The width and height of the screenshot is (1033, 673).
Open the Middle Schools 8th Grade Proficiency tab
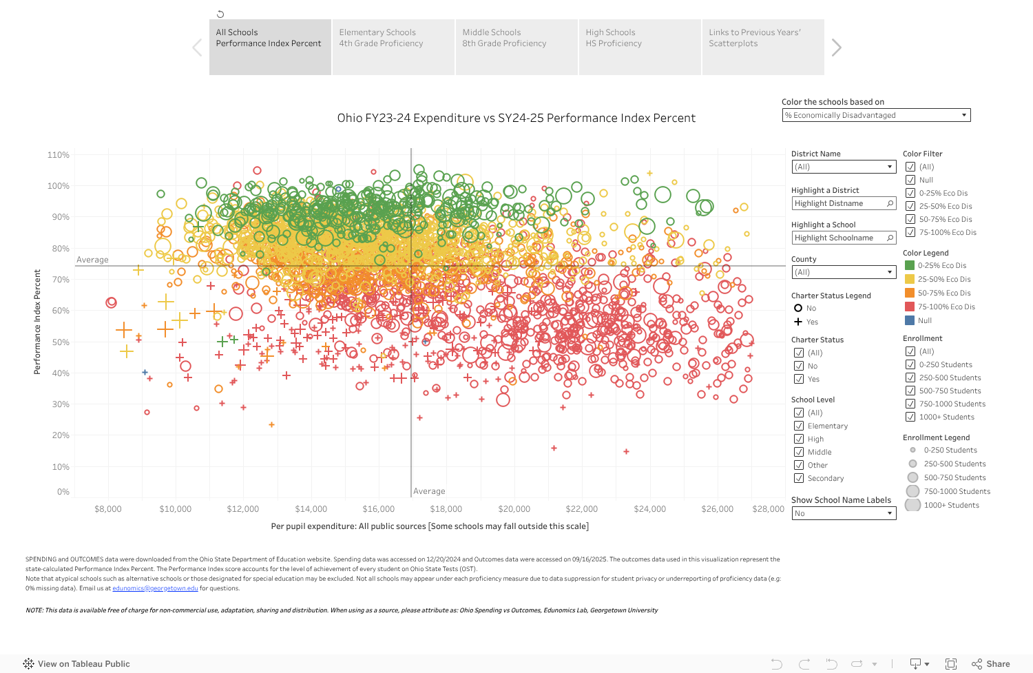tap(516, 47)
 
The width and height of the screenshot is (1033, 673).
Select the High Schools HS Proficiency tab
tap(639, 47)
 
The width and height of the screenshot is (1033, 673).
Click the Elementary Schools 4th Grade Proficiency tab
tap(393, 47)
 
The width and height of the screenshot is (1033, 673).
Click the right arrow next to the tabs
tap(836, 48)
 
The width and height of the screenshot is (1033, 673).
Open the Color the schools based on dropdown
tap(876, 115)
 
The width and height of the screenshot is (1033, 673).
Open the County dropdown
tap(844, 272)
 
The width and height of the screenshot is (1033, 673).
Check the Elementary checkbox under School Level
tap(799, 426)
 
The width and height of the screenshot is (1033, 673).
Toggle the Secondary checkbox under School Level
tap(799, 478)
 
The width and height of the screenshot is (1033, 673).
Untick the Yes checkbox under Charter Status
tap(799, 379)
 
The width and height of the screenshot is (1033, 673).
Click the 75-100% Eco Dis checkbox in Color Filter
tap(910, 232)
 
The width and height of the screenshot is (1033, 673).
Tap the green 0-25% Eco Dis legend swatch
tap(910, 265)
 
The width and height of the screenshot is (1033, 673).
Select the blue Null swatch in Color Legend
tap(910, 320)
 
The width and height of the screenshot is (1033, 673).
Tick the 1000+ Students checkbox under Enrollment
tap(910, 417)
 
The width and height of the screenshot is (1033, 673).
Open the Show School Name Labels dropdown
tap(844, 513)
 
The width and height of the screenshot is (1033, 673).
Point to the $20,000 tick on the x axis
tap(514, 509)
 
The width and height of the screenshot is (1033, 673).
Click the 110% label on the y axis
tap(59, 155)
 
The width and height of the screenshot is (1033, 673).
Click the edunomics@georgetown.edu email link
tap(155, 588)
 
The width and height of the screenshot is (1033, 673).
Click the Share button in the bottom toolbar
tap(991, 664)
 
